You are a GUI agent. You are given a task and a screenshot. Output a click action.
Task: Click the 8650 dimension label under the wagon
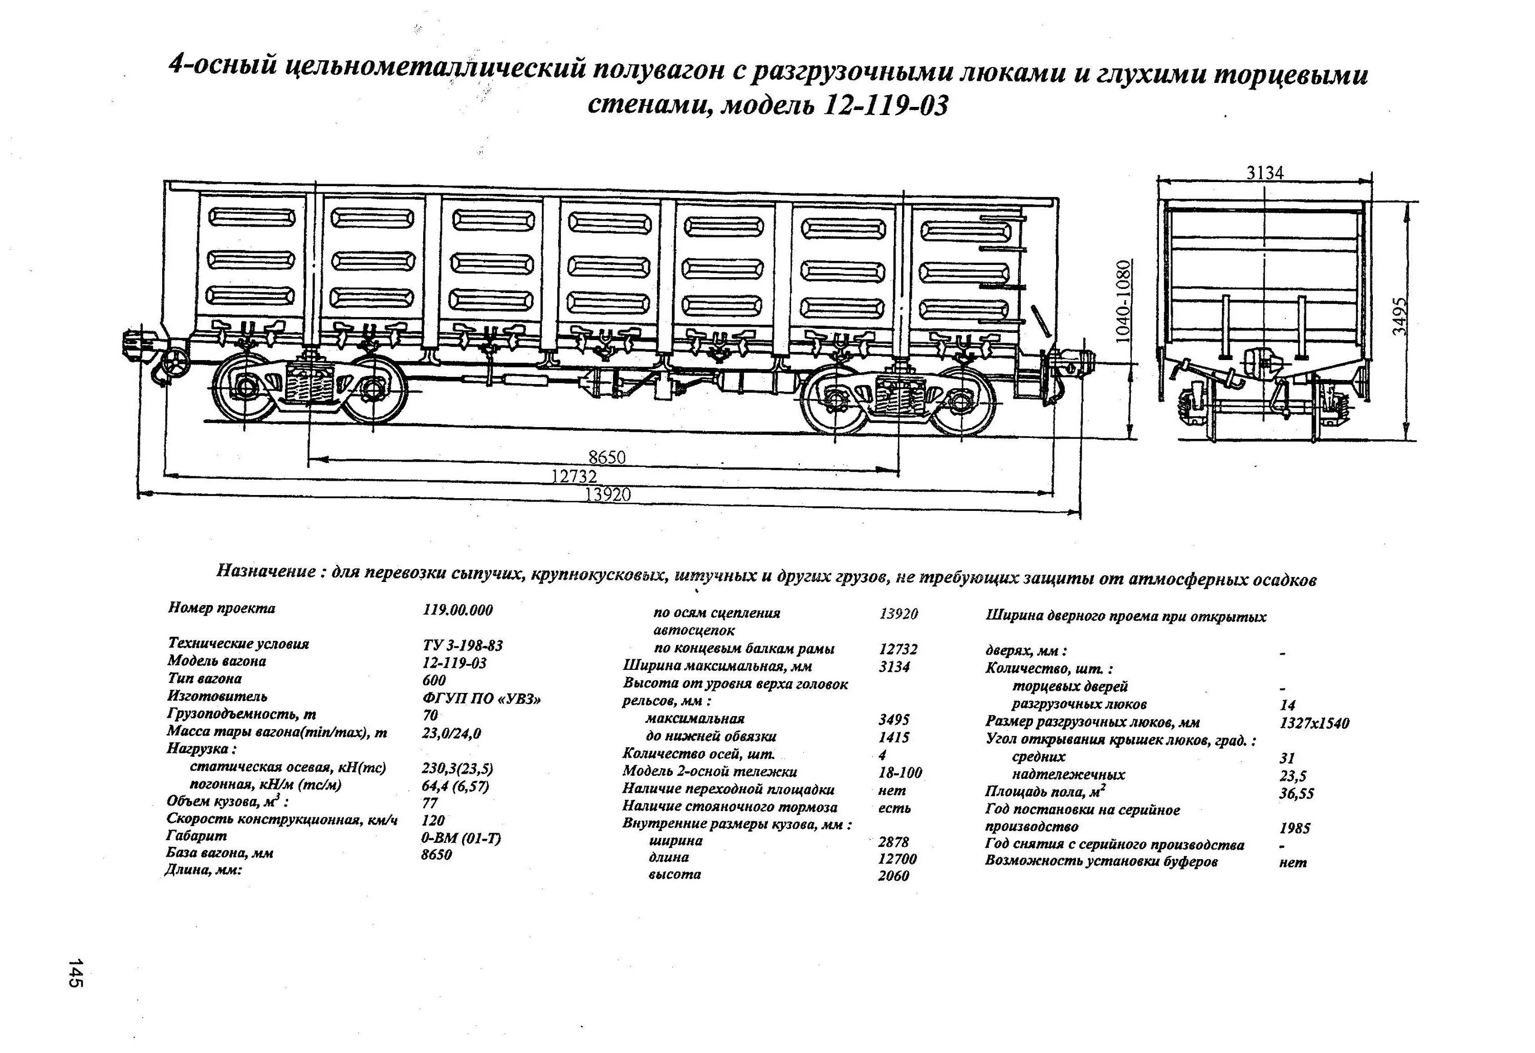[x=606, y=457]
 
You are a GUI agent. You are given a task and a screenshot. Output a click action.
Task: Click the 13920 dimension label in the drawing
[x=608, y=495]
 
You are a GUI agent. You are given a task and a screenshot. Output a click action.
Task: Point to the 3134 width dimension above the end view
[x=1265, y=173]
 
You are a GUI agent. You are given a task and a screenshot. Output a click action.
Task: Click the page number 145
[x=75, y=973]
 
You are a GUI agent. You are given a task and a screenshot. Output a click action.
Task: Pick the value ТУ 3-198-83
[x=463, y=645]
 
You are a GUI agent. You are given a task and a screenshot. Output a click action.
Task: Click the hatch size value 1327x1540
[x=1314, y=723]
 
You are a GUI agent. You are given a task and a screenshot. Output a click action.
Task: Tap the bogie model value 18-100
[x=900, y=772]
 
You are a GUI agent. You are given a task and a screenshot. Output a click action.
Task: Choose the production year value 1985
[x=1294, y=828]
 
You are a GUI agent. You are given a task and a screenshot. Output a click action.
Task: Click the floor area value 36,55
[x=1296, y=794]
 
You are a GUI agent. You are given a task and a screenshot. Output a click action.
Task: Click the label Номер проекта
[x=221, y=608]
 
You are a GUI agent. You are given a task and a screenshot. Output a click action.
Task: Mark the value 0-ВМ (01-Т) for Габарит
[x=461, y=838]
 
